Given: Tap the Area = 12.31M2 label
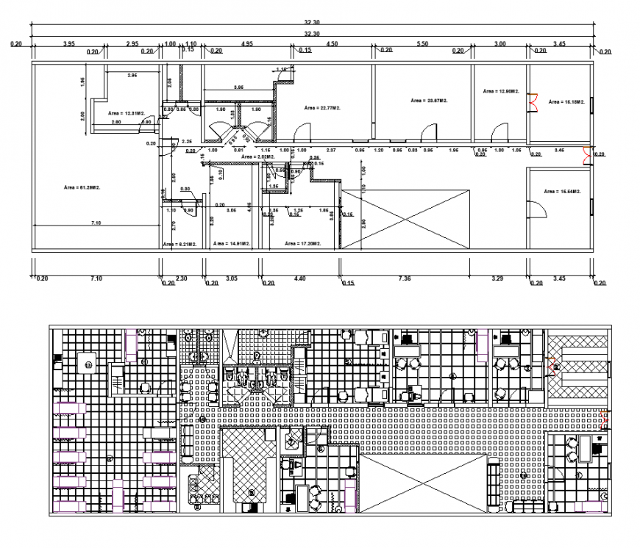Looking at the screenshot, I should pyautogui.click(x=125, y=113).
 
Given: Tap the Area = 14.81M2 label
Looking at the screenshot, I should pyautogui.click(x=232, y=243).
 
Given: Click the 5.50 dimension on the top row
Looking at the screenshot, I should pyautogui.click(x=422, y=45).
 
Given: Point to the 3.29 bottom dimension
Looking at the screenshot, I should pyautogui.click(x=497, y=278).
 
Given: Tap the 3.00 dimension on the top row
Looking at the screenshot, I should pyautogui.click(x=499, y=45).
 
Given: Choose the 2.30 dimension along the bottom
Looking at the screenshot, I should pyautogui.click(x=182, y=278).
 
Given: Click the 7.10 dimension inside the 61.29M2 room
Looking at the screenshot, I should pyautogui.click(x=96, y=222).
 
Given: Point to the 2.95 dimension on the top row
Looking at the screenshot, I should pyautogui.click(x=132, y=45).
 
